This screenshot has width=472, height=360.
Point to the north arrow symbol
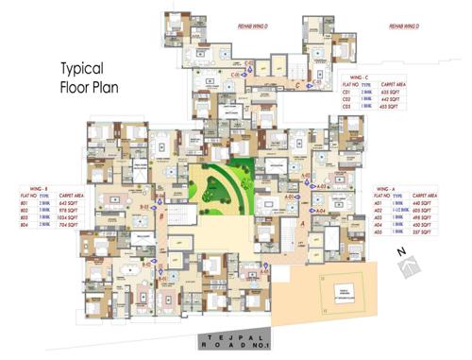tap(409, 270)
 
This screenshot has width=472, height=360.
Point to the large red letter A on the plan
tap(302, 224)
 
